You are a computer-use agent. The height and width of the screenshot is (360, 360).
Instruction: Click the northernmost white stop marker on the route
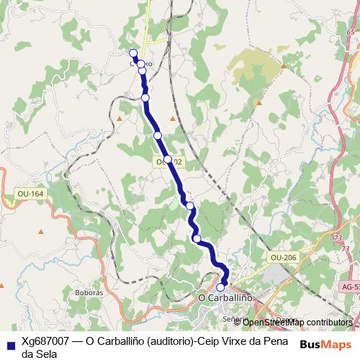pos(132,53)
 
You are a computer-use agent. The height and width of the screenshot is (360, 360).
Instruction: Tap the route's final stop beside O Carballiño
pos(220,287)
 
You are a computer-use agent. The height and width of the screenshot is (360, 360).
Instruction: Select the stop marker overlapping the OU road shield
pos(167,159)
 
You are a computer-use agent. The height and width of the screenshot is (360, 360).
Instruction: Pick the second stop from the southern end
pos(197,238)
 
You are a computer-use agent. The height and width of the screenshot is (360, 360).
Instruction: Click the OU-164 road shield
pos(30,194)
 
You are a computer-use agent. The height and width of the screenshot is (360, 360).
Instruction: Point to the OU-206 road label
pos(284,257)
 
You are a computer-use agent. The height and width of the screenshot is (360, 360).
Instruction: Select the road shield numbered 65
pos(351,32)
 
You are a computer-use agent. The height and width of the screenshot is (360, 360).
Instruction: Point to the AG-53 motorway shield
pos(351,286)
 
